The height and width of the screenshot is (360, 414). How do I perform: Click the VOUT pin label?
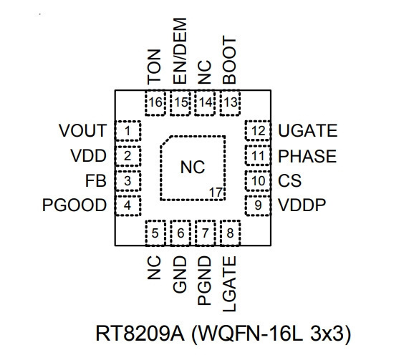point(82,130)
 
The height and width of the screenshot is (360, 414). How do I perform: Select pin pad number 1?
point(127,131)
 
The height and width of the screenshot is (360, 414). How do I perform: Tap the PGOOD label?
point(74,205)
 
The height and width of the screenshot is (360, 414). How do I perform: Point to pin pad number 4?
point(127,205)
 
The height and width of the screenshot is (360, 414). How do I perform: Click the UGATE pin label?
point(308,130)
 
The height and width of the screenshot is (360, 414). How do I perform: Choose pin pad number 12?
point(258,130)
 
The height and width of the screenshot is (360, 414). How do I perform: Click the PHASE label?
point(307,156)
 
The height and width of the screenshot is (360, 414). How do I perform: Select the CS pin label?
point(289,180)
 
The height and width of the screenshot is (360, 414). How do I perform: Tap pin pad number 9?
point(258,205)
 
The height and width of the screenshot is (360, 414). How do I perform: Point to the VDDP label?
point(302,205)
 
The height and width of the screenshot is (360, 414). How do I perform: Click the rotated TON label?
point(154,67)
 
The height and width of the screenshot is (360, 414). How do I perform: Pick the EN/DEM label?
point(180,51)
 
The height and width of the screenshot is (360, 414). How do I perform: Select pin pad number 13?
point(230,102)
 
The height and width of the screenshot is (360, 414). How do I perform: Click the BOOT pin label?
point(229,60)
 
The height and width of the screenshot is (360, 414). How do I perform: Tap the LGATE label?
point(229,284)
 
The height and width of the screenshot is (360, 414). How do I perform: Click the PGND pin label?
point(204,281)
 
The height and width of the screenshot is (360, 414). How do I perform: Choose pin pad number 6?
point(180,233)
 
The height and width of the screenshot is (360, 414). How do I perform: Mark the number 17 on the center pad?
point(216,193)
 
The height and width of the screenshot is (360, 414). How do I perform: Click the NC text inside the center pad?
point(193,167)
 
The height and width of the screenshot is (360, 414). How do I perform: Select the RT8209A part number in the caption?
point(140,334)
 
